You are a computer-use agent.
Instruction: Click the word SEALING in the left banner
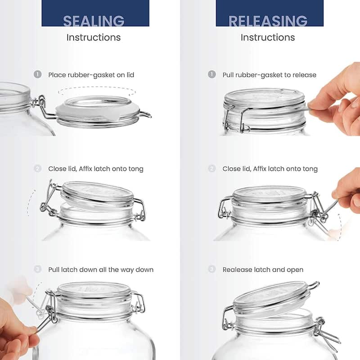tap(94, 21)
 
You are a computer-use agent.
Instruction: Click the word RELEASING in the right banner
tap(268, 21)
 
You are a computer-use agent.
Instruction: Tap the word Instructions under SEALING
tap(94, 37)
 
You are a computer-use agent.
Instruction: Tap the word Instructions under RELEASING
tap(268, 37)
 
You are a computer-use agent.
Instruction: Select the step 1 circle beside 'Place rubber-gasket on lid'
tap(38, 75)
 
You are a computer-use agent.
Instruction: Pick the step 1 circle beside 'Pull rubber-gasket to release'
tap(212, 75)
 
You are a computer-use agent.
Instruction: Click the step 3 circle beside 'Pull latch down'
tap(38, 270)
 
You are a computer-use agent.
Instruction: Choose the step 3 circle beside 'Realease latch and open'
tap(212, 270)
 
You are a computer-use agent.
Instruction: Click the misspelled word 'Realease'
tap(237, 270)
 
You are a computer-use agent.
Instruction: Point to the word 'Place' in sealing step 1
tap(57, 75)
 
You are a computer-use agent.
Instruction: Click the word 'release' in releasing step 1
tap(303, 75)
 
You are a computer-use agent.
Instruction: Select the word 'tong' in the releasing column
tap(309, 169)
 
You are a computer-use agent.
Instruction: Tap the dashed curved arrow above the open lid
tap(97, 91)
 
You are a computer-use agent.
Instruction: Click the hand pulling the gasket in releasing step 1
tap(335, 99)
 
